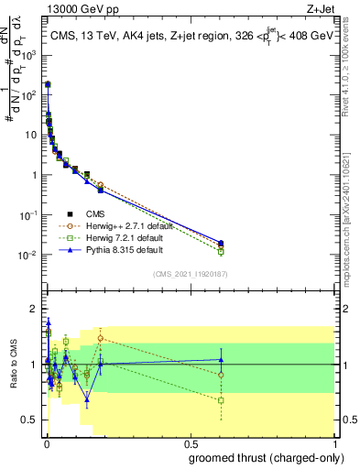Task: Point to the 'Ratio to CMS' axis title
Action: pyautogui.click(x=16, y=364)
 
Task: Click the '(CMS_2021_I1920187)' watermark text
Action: pyautogui.click(x=191, y=274)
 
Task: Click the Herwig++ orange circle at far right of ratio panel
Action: pyautogui.click(x=221, y=375)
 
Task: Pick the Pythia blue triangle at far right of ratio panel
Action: pyautogui.click(x=221, y=360)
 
